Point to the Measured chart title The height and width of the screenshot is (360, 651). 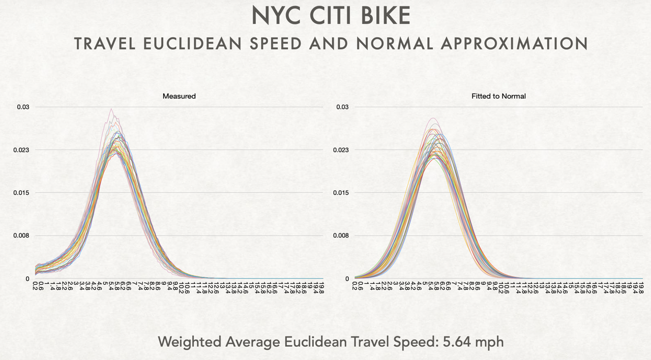pos(179,96)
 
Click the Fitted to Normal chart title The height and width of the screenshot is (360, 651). pos(498,96)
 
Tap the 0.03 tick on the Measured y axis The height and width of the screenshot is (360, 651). pos(23,107)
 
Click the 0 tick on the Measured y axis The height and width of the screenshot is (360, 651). pos(27,279)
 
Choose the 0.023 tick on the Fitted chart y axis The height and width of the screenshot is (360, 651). pos(341,150)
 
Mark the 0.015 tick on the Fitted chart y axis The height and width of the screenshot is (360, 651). pos(341,193)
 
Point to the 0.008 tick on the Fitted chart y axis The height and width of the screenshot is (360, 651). pos(341,235)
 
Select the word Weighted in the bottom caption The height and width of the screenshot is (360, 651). pos(189,342)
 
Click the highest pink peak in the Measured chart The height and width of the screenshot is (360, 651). pos(111,109)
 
